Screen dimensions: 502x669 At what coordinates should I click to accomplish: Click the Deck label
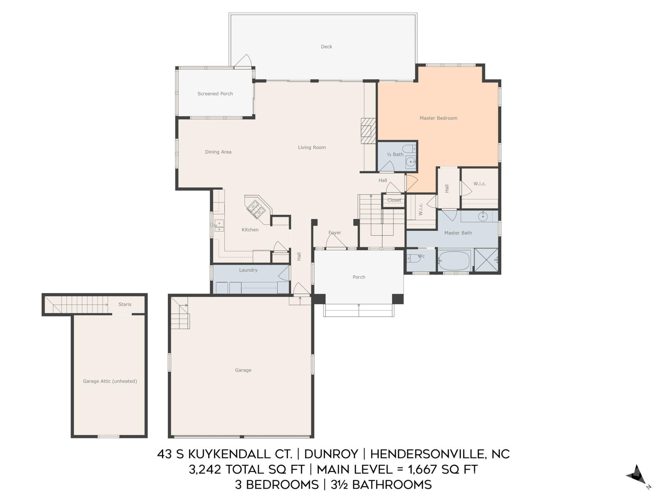pos(326,47)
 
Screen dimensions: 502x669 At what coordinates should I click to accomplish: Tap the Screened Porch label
pos(215,94)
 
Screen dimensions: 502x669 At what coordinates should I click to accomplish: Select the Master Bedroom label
pos(438,118)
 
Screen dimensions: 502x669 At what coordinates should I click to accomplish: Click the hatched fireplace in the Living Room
pos(368,131)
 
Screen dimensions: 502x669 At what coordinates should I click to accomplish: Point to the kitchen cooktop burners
pos(256,208)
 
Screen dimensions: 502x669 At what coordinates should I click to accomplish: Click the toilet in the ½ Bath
pos(409,149)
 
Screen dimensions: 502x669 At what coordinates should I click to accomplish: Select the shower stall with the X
pos(486,260)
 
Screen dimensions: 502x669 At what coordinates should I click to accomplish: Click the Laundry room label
pos(248,270)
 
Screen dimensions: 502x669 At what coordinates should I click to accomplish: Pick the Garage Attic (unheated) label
pos(110,381)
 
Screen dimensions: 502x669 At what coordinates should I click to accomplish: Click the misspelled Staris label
pos(125,304)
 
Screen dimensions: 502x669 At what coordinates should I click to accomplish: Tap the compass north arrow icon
pos(637,475)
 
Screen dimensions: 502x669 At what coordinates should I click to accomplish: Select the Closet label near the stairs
pos(394,200)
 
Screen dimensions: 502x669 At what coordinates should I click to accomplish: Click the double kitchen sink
pos(219,226)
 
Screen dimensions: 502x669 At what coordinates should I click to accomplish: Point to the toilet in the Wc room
pos(413,258)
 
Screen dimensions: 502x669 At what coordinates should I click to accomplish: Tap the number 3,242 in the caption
pos(205,470)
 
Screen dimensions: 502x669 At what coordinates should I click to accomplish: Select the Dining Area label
pos(218,152)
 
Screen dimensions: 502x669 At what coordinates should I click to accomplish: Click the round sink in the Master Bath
pos(483,217)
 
